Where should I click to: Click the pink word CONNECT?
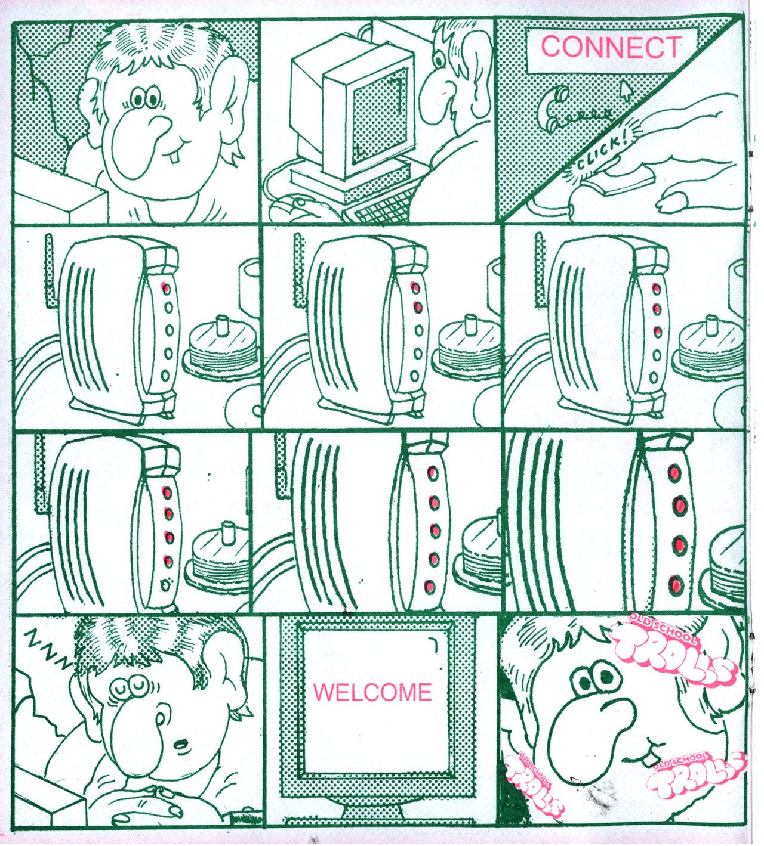[612, 47]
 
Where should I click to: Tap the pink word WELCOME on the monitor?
[373, 692]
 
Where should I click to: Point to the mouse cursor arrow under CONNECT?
[627, 90]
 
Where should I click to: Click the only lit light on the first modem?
[166, 289]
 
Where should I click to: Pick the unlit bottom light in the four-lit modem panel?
[167, 583]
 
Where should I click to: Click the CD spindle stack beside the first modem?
[219, 346]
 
